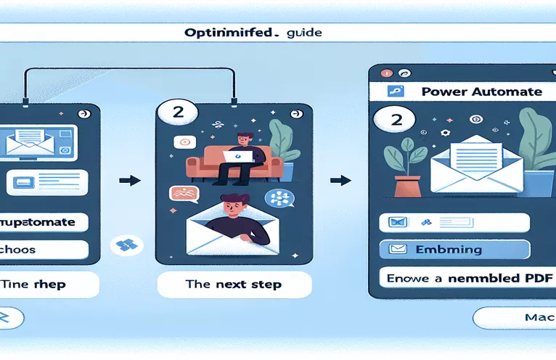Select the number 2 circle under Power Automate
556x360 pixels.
click(396, 120)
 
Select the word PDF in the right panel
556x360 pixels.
click(533, 278)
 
